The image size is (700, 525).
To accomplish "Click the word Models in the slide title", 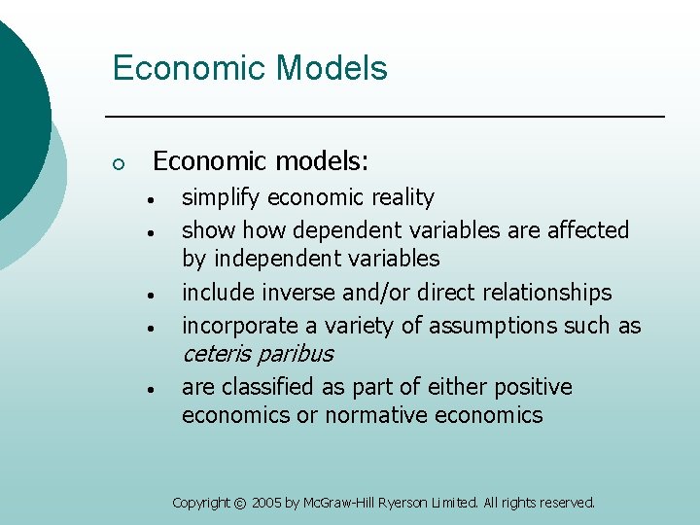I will point(332,69).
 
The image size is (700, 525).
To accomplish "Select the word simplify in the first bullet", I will point(222,198).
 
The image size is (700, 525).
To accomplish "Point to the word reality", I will point(402,197).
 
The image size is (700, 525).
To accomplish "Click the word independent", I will point(275,259).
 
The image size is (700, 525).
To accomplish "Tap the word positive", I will point(533,387).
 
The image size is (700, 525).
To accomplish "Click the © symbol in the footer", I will point(240,504).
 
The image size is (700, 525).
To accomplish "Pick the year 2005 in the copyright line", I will point(266,504).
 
